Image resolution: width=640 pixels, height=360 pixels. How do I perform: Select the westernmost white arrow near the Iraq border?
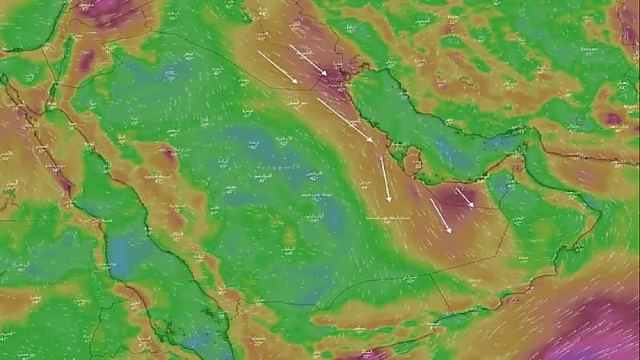[x=278, y=67]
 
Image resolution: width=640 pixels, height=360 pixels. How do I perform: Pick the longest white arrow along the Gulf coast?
[x=344, y=119]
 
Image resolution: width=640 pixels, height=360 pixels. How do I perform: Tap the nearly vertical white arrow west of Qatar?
[x=386, y=178]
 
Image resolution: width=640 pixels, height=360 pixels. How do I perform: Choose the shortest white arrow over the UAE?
[x=464, y=198]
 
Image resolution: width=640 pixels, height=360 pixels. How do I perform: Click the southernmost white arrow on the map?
[x=441, y=215]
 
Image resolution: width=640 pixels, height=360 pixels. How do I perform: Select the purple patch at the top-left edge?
[x=104, y=10]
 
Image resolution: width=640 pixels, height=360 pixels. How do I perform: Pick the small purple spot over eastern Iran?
[x=614, y=118]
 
